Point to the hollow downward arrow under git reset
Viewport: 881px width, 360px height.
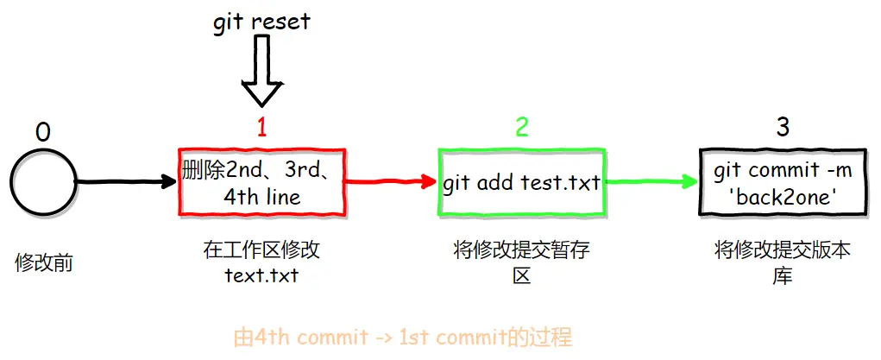[261, 70]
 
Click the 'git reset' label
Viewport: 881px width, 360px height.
[261, 22]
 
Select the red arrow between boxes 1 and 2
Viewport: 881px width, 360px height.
[391, 181]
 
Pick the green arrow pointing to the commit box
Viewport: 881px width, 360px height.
[652, 181]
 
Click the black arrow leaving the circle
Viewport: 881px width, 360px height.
[126, 181]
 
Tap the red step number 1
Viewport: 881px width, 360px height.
[261, 129]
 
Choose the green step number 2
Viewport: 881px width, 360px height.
[522, 129]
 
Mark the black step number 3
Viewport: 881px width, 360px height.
[783, 129]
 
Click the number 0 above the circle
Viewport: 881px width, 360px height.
[42, 133]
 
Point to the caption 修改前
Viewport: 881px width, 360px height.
[44, 263]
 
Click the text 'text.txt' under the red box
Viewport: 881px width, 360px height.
[261, 276]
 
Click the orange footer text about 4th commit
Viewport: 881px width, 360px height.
[402, 338]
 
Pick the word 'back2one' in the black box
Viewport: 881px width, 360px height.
[783, 198]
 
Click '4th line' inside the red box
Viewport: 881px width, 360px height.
[261, 197]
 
